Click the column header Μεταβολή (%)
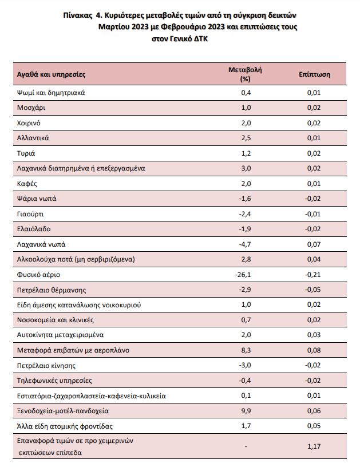[x=245, y=74]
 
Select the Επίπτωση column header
[x=314, y=74]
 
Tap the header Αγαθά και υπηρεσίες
[x=51, y=74]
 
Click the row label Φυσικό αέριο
[x=38, y=275]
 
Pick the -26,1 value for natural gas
[x=243, y=275]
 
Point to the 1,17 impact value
[x=314, y=446]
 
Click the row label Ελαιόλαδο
[x=34, y=229]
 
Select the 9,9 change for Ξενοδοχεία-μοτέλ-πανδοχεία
[x=246, y=411]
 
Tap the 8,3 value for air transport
[x=246, y=350]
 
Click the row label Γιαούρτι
[x=30, y=214]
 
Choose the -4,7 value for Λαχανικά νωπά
[x=245, y=244]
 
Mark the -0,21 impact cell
[x=312, y=275]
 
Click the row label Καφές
[x=27, y=184]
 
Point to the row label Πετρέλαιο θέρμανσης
[x=52, y=290]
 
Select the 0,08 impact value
[x=314, y=350]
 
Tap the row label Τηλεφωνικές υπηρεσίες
[x=54, y=381]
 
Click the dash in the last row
[x=246, y=446]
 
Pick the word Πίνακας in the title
[x=78, y=15]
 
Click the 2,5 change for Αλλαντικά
[x=246, y=138]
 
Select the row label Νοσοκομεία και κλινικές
[x=56, y=320]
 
